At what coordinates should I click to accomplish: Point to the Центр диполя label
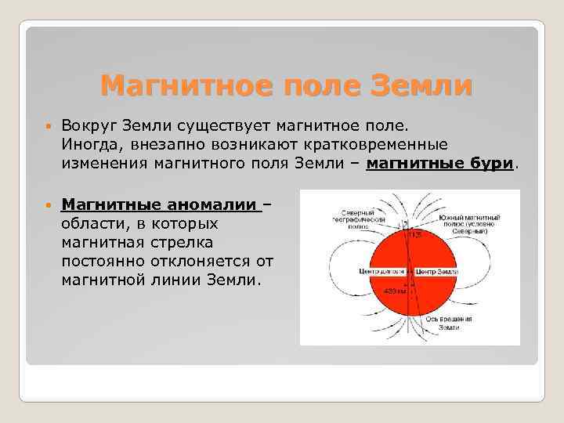[379, 271]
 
